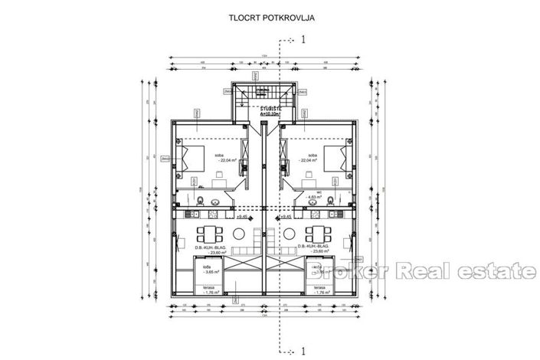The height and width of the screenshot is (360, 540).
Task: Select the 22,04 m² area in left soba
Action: [227, 161]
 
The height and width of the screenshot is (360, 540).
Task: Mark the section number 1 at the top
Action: [304, 38]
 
